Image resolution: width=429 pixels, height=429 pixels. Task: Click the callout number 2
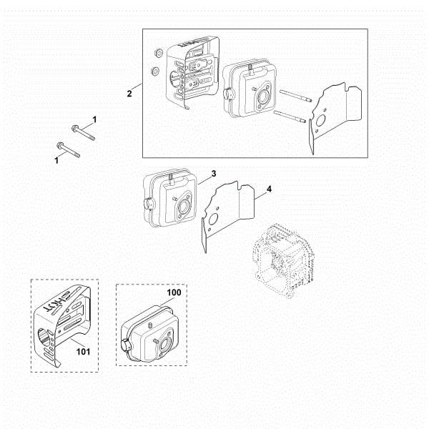click(129, 94)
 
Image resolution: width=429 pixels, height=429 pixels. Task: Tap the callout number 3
click(213, 174)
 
